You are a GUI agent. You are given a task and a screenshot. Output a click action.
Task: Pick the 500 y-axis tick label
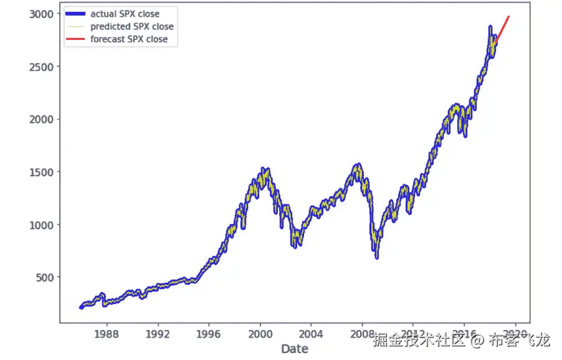[x=44, y=277]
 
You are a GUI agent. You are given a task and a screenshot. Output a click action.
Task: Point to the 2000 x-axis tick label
[x=260, y=334]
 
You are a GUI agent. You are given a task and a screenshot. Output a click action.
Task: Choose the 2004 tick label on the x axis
[x=311, y=334]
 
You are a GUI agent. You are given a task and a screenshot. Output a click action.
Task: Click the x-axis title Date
[x=294, y=349]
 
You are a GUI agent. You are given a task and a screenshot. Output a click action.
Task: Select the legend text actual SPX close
[x=125, y=14]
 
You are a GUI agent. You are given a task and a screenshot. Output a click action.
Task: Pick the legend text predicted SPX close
[x=131, y=26]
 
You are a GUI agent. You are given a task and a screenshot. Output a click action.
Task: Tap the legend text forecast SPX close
[x=128, y=39]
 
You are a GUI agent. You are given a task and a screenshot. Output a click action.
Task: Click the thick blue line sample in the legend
[x=76, y=14]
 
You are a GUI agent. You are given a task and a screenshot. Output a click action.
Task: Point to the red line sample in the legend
[x=76, y=39]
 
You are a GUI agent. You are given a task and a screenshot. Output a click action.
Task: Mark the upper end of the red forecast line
[x=509, y=17]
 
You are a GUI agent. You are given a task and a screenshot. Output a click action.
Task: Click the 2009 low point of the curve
[x=377, y=256]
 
